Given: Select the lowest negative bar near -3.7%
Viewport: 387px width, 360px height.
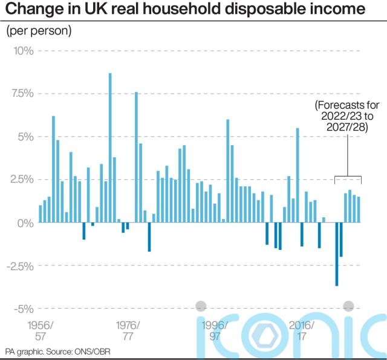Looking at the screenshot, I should tap(337, 254).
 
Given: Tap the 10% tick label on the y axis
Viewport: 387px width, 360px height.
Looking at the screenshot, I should tap(22, 50).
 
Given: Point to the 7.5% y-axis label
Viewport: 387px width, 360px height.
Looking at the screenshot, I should tap(21, 94).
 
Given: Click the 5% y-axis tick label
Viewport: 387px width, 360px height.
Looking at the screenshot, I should tap(25, 137).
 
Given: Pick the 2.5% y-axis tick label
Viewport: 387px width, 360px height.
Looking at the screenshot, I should tap(21, 180).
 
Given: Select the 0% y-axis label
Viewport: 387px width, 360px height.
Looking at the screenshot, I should tap(25, 223).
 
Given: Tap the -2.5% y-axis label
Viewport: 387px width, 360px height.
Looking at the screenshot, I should tap(20, 266).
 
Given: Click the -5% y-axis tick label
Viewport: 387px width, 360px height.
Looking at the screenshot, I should tap(24, 309).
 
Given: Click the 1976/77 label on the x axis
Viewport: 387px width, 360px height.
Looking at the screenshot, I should tap(128, 330).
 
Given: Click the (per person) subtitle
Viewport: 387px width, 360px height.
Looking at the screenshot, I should tap(39, 31).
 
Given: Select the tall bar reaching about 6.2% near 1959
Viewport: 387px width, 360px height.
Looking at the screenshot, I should tap(53, 169).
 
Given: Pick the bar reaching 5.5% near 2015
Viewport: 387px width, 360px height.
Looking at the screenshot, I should tap(298, 175).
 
